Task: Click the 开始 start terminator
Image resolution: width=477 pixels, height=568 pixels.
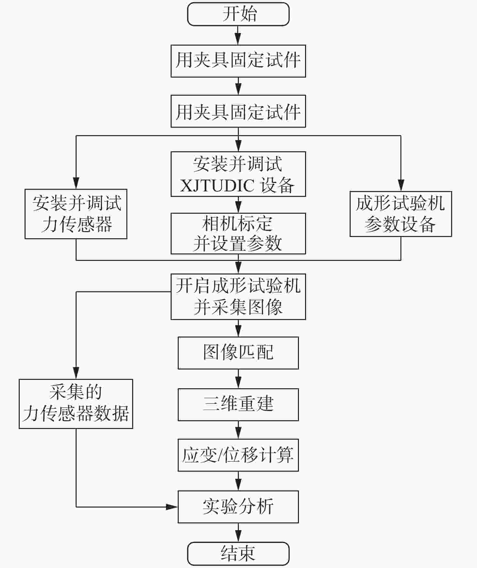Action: [238, 14]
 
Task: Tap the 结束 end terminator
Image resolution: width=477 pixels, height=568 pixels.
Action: [238, 554]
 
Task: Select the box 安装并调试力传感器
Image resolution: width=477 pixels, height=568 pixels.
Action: [76, 214]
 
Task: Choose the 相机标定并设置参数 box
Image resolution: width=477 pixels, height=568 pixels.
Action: [238, 233]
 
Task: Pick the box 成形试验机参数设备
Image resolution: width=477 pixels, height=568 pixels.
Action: [401, 214]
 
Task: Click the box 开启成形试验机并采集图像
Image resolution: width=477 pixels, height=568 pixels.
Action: [238, 297]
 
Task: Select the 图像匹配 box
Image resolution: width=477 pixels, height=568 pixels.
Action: [238, 353]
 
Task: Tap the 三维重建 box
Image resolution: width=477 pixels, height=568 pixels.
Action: [238, 405]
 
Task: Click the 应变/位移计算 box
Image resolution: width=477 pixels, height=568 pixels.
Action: [238, 455]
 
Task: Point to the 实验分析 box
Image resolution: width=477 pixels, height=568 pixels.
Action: [238, 507]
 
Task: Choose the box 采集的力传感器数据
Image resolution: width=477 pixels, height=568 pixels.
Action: [76, 404]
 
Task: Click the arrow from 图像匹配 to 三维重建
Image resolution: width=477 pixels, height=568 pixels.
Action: [238, 379]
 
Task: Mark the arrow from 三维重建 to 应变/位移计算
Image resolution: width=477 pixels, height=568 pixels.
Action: [238, 430]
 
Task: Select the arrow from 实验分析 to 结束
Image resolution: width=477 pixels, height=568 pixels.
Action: [238, 532]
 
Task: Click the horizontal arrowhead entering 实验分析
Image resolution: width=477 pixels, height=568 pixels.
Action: [172, 507]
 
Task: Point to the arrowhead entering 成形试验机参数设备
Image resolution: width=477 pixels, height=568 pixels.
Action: [401, 185]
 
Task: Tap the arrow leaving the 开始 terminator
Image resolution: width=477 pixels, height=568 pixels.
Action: [238, 35]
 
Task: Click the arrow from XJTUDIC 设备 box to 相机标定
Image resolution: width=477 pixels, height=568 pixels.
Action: [238, 205]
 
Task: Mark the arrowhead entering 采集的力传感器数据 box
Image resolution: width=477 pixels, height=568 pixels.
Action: [76, 373]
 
